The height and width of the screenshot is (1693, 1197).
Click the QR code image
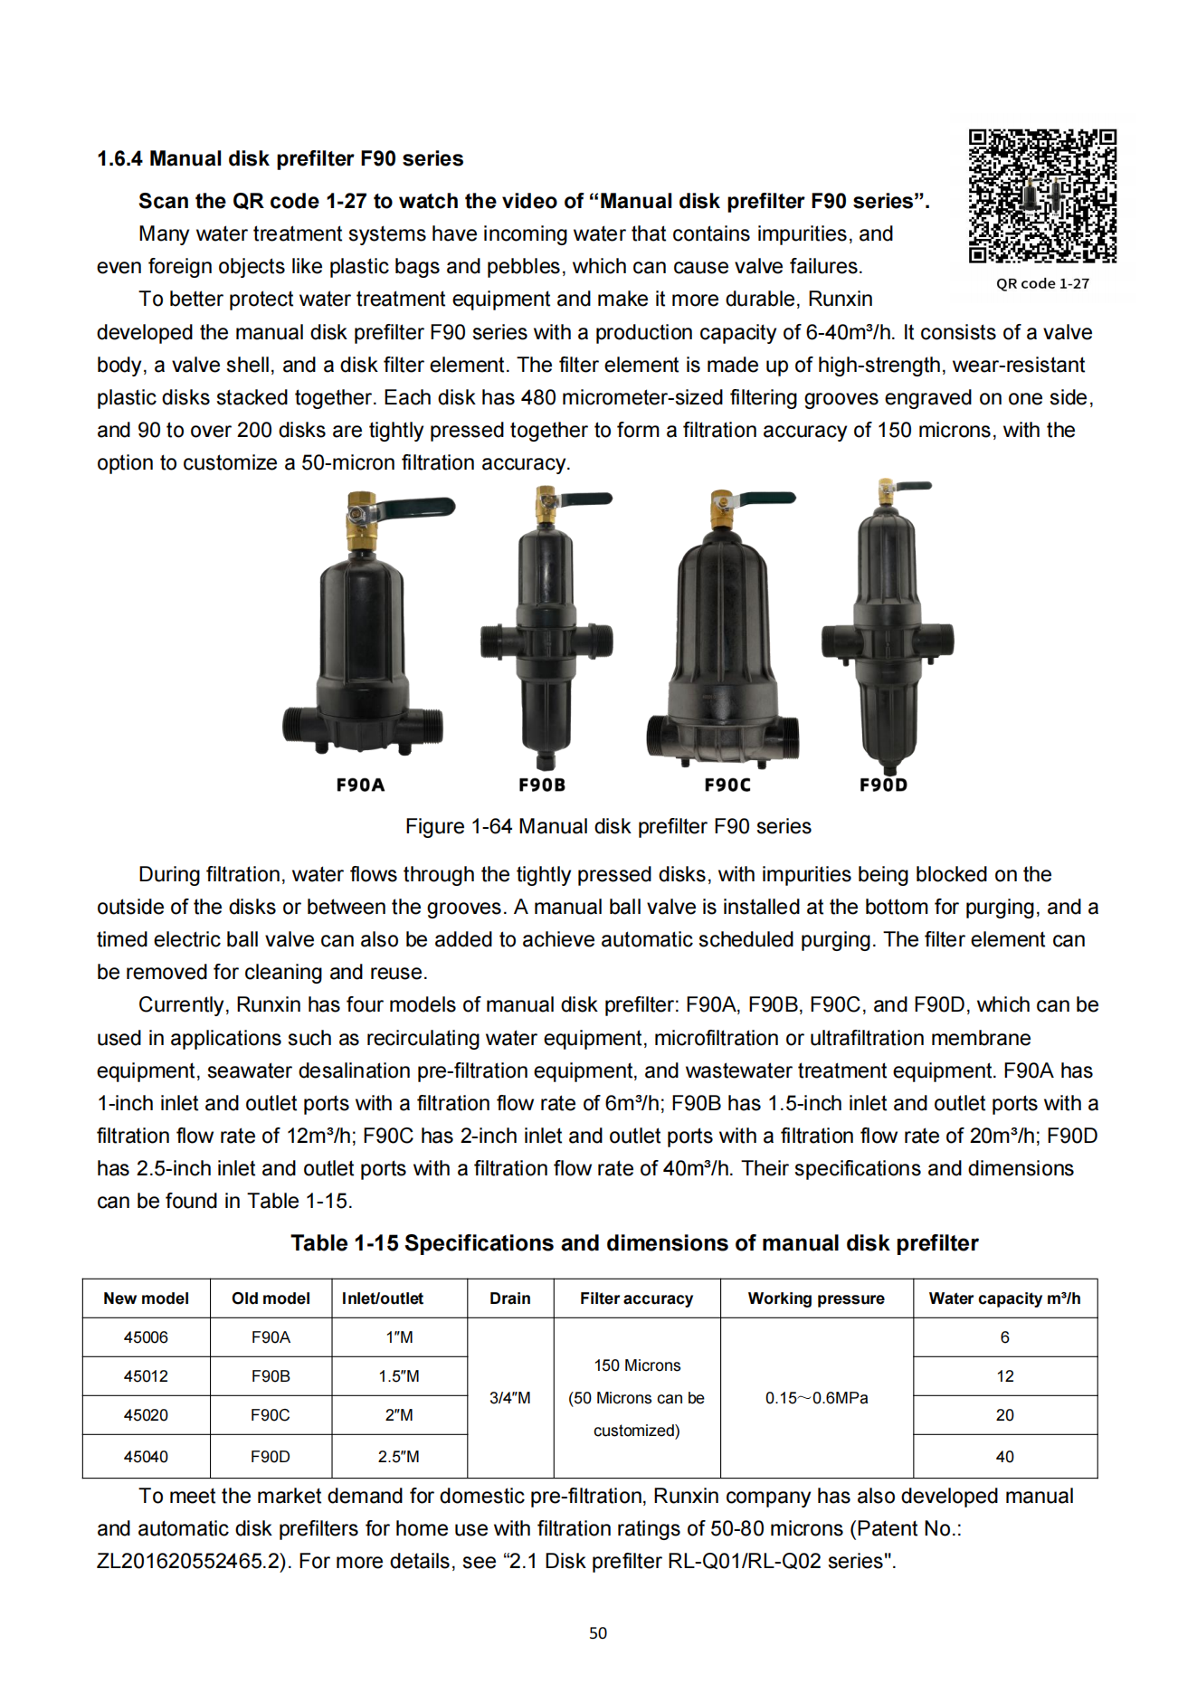click(x=1042, y=196)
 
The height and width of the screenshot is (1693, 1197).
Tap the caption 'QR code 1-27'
click(x=1042, y=283)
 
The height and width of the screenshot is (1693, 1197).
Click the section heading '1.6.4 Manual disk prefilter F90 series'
click(x=280, y=159)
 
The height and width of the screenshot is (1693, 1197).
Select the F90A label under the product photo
click(x=360, y=785)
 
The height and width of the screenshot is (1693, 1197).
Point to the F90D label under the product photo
click(x=883, y=785)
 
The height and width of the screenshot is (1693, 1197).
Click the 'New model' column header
click(x=146, y=1298)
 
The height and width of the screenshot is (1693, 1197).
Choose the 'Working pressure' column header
click(x=816, y=1298)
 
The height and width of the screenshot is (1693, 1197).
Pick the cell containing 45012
click(x=146, y=1376)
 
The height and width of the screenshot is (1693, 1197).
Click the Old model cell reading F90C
click(x=271, y=1415)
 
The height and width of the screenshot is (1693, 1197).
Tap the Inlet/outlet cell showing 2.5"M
click(x=399, y=1457)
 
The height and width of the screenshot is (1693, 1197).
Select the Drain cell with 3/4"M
click(x=510, y=1398)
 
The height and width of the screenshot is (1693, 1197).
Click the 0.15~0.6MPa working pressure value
click(x=816, y=1398)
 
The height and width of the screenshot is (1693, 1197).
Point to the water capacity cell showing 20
click(x=1004, y=1415)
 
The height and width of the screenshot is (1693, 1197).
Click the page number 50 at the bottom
click(x=598, y=1633)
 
